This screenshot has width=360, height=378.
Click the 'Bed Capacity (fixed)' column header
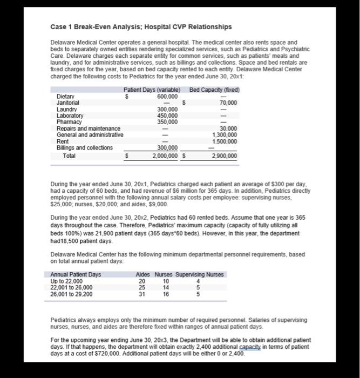(215, 90)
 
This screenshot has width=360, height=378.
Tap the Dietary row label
(66, 97)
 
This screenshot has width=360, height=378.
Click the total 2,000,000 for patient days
(164, 156)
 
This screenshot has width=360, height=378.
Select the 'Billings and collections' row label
(85, 148)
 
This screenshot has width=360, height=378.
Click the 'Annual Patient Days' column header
(79, 275)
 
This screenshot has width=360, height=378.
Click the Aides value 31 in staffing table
(142, 294)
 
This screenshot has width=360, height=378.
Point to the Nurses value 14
(166, 288)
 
